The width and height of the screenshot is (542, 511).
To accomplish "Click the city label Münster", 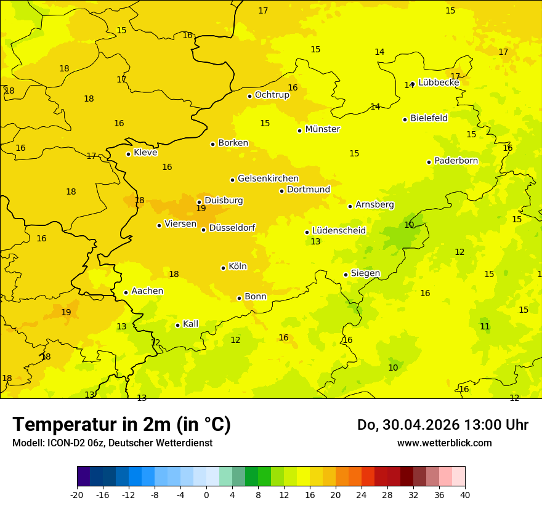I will tap(323, 129).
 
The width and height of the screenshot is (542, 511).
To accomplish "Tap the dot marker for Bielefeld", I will tap(405, 119).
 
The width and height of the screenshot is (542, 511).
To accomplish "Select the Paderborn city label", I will tap(456, 161).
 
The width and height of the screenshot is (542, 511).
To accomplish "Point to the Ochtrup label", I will tap(272, 95).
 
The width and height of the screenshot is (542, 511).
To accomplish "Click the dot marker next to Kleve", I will tap(128, 154).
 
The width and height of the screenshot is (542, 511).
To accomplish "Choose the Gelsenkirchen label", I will tap(268, 179).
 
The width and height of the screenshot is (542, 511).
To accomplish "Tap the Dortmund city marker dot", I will tap(281, 191).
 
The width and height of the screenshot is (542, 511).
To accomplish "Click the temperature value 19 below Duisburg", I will tap(201, 209).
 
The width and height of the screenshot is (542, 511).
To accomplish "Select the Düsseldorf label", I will tap(232, 228).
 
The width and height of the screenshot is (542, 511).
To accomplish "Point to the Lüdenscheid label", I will tap(339, 231).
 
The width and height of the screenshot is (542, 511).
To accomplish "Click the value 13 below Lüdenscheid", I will tap(315, 242).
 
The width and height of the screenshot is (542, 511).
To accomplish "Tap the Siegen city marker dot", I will tap(346, 275).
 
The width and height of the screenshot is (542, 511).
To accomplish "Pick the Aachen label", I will tap(147, 291).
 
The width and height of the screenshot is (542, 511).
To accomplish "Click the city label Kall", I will tap(191, 324).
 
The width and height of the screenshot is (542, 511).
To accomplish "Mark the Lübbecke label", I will tap(439, 82).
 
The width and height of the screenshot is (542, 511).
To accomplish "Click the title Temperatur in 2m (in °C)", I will tap(121, 424).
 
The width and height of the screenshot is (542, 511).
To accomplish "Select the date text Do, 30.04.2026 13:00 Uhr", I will tap(443, 425).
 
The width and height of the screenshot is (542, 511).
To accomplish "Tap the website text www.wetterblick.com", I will tap(444, 443).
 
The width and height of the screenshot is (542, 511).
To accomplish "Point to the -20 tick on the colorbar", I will tap(77, 494).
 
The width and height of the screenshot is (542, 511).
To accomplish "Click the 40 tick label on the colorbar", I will tap(465, 494).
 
